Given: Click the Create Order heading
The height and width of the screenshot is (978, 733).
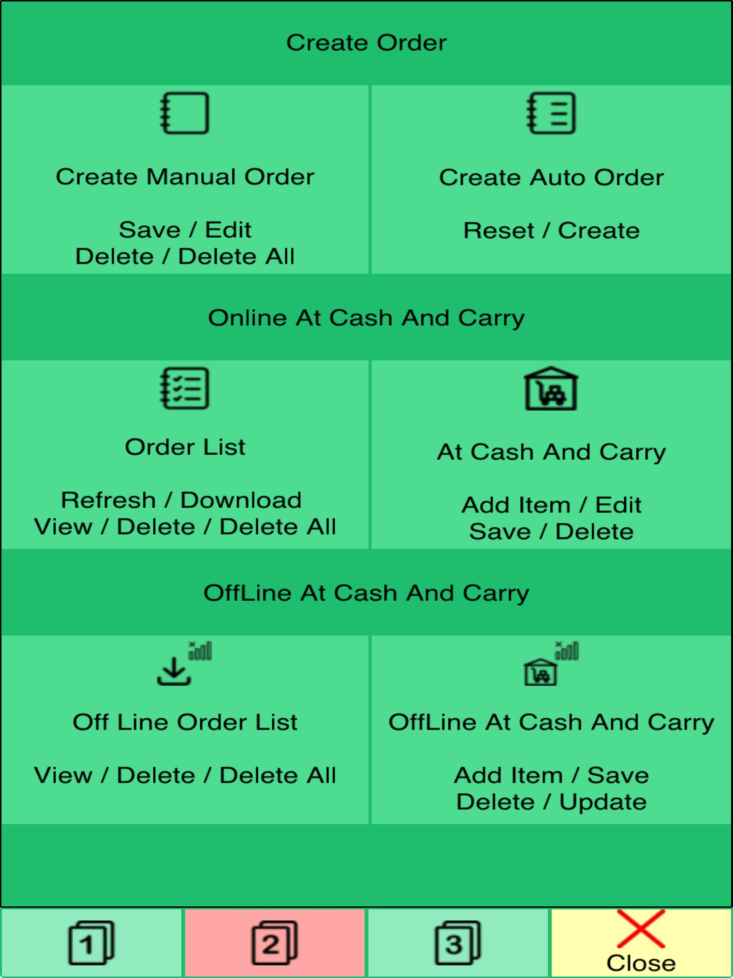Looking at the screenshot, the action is tap(366, 43).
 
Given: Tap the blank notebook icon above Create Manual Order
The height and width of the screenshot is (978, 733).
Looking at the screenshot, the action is tap(184, 113).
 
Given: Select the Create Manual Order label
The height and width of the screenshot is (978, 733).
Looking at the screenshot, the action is tap(185, 177).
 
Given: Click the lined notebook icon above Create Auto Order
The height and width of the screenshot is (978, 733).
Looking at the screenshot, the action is tap(551, 113).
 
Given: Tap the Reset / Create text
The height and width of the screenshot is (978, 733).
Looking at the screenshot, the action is tap(551, 230).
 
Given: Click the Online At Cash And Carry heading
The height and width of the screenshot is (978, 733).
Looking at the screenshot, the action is tap(366, 318).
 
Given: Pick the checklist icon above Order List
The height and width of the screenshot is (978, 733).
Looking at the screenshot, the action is tap(184, 388).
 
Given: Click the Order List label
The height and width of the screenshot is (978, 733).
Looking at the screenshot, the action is tap(185, 447).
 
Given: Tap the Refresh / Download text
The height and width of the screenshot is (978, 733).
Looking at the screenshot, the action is tap(181, 500).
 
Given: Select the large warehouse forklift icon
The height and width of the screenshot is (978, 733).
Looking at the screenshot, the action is tap(550, 388).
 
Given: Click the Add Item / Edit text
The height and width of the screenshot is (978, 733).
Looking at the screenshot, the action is tap(551, 505).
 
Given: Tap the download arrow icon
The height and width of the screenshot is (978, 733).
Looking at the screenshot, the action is tap(174, 671).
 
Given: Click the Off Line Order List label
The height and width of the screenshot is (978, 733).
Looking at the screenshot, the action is tap(185, 722).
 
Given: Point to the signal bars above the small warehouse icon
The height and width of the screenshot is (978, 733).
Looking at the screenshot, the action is tap(567, 651).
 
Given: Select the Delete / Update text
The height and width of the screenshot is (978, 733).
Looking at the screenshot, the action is tap(551, 802).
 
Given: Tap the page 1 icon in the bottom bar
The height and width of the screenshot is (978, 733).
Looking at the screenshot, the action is tap(91, 943).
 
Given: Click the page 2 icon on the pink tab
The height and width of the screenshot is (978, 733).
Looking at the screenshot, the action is tap(275, 943).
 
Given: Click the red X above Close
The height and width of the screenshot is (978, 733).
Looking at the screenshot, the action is tap(641, 929).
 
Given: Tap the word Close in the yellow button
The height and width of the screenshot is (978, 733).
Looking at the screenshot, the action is tap(641, 963).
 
